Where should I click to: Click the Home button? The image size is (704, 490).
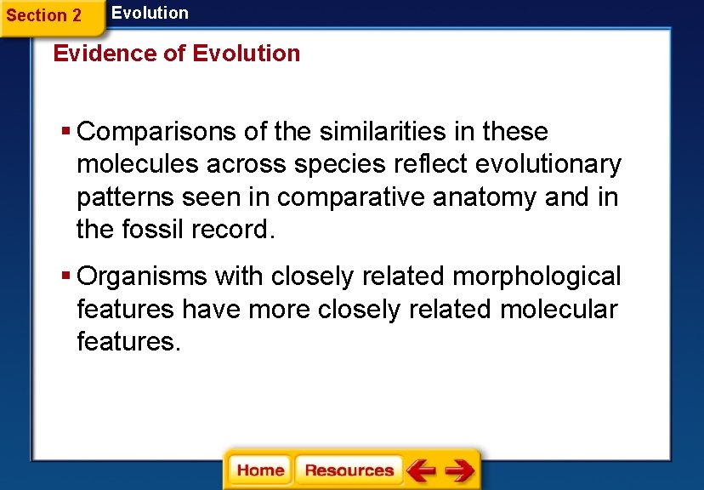(x=260, y=470)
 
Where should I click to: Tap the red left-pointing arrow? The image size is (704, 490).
(x=421, y=470)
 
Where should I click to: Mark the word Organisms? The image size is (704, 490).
(x=142, y=277)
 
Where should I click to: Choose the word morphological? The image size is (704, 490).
(x=537, y=277)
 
